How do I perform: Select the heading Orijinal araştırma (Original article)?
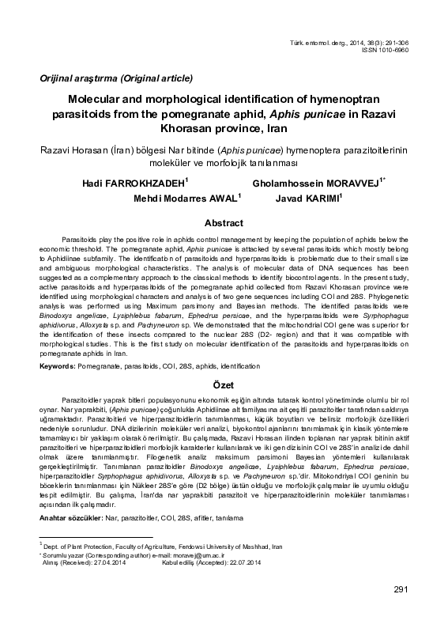pyautogui.click(x=111, y=78)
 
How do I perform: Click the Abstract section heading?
pyautogui.click(x=224, y=223)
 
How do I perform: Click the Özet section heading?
pyautogui.click(x=224, y=383)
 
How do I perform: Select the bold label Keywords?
pyautogui.click(x=58, y=367)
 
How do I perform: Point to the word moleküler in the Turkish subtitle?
pyautogui.click(x=168, y=162)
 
